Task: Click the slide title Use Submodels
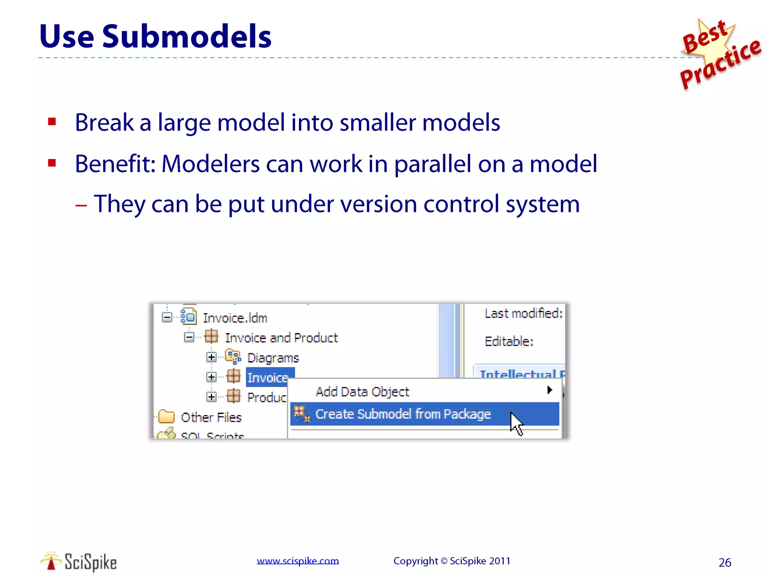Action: (x=155, y=37)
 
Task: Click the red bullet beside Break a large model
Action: (x=52, y=121)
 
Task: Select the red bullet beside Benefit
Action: (x=52, y=163)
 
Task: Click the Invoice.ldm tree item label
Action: (x=235, y=318)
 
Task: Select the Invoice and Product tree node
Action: (x=281, y=338)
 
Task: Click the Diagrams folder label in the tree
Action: (x=273, y=358)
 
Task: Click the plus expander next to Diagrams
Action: (x=211, y=357)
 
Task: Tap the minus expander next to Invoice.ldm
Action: (x=167, y=318)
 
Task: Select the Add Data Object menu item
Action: (x=362, y=392)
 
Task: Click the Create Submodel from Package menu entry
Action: (x=403, y=414)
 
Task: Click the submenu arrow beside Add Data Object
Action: (x=549, y=390)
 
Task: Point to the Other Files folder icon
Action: (x=166, y=417)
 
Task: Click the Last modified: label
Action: (x=523, y=313)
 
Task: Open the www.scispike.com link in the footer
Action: (x=298, y=561)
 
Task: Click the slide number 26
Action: (x=724, y=562)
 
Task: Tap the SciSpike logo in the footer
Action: (x=79, y=562)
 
